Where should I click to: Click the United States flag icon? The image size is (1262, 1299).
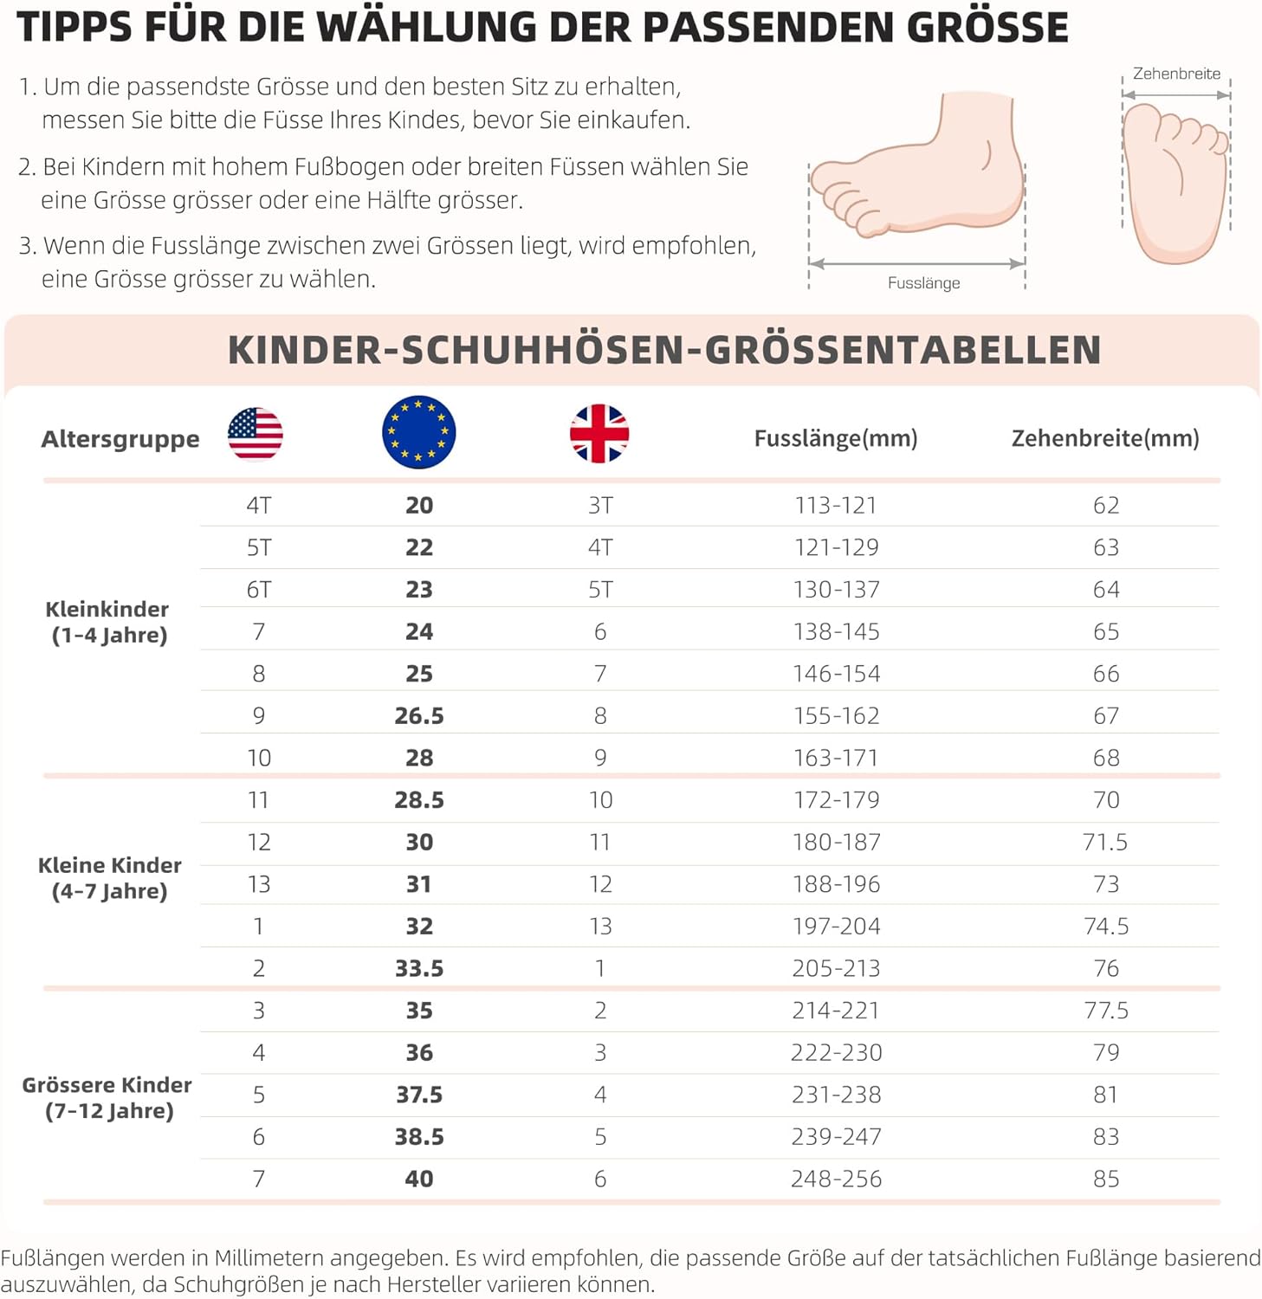pos(255,433)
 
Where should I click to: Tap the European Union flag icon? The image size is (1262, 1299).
pos(418,432)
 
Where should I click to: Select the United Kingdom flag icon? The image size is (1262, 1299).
pos(599,433)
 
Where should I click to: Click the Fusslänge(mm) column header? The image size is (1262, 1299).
pos(836,438)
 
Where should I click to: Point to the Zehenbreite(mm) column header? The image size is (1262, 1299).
pos(1105,438)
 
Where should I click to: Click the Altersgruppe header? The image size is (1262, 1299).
pos(120,439)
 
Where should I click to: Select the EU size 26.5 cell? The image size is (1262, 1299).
pos(419,716)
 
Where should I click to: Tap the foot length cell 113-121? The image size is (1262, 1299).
pos(836,505)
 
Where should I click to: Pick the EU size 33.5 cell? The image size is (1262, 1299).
pos(419,968)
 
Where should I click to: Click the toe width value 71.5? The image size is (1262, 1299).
pos(1105,842)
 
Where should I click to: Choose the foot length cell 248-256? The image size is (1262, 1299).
pos(836,1179)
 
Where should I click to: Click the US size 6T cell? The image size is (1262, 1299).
pos(259,590)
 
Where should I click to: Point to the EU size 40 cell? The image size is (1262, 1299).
pos(419,1179)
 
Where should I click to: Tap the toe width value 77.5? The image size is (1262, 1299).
pos(1106,1011)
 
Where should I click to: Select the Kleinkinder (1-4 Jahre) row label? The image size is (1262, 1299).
pos(108,622)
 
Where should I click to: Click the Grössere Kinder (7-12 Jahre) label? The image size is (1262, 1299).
pos(108,1097)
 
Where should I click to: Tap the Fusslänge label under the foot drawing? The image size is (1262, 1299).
pos(923,283)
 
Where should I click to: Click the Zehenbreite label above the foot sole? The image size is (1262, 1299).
pos(1176,74)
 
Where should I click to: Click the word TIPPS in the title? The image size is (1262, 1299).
pos(74,28)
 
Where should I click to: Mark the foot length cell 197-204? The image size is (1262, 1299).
pos(836,927)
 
